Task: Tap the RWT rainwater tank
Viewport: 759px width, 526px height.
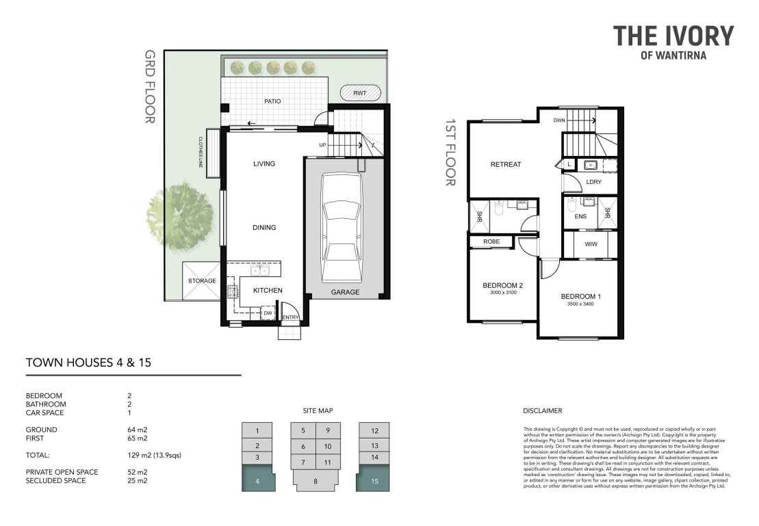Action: click(x=360, y=93)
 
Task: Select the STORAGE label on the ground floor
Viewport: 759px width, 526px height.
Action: click(x=203, y=280)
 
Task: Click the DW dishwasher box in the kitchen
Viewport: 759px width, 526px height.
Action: click(x=268, y=313)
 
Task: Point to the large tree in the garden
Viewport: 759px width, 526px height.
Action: click(x=181, y=216)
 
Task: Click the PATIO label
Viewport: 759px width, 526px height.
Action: click(x=272, y=101)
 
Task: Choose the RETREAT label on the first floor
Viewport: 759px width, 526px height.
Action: click(x=506, y=165)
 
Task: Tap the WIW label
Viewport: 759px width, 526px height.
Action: click(x=591, y=244)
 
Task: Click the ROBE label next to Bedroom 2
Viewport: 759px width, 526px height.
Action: click(x=491, y=241)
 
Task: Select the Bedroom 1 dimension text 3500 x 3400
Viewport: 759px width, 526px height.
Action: click(x=580, y=304)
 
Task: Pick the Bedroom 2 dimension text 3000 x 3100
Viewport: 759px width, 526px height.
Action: click(x=504, y=292)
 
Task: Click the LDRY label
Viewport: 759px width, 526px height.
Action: click(x=594, y=182)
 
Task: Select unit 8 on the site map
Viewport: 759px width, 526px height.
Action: click(x=316, y=480)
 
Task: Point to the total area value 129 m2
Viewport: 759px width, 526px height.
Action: click(x=138, y=456)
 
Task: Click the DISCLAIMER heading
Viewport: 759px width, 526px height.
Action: click(x=543, y=411)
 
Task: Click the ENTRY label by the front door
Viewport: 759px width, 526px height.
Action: click(x=291, y=317)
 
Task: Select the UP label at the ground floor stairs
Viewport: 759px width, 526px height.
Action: click(x=322, y=145)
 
